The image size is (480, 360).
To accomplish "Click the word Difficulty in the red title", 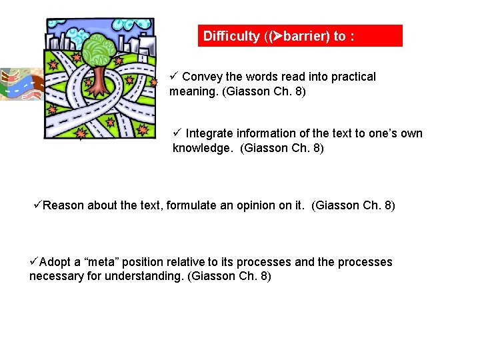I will coord(231,36).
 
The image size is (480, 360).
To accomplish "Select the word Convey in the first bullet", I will coord(201,77).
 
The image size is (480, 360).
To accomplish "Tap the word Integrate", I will coord(209,133).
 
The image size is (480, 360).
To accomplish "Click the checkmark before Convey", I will coord(175,76).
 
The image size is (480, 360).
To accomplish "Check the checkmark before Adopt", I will coord(34,261).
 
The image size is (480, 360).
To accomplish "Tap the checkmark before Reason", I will coord(37,205).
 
